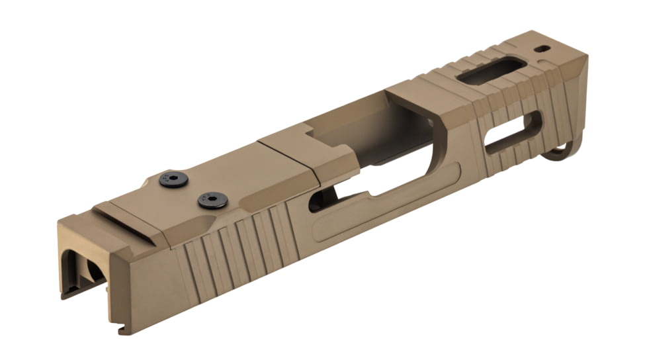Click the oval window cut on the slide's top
492,71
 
